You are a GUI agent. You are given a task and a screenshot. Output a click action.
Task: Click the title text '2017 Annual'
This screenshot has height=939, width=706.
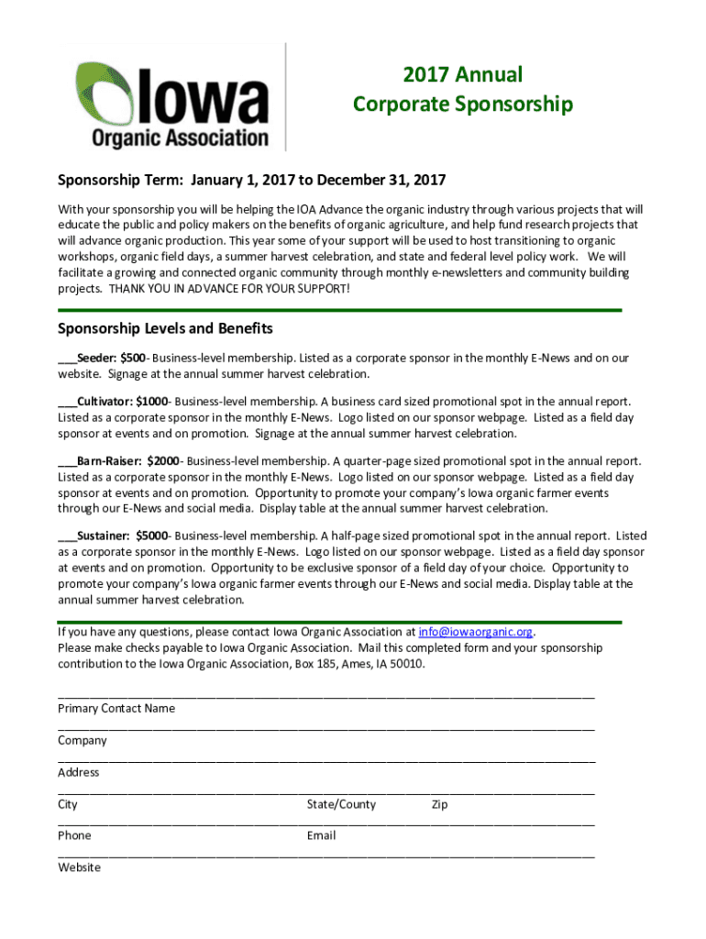click(x=462, y=74)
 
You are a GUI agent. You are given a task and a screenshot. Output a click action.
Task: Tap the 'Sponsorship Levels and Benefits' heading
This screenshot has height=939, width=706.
click(x=165, y=328)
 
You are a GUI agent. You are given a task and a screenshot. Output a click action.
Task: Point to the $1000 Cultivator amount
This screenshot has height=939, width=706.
click(x=151, y=402)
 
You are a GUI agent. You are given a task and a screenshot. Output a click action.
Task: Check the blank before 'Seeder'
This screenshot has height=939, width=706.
click(x=67, y=359)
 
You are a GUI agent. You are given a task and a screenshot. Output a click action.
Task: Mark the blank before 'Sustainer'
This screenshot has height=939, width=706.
click(x=67, y=536)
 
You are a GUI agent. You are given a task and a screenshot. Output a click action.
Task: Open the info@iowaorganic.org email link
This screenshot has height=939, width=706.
click(x=476, y=632)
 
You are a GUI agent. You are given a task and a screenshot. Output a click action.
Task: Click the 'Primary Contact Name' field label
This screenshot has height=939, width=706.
click(x=116, y=708)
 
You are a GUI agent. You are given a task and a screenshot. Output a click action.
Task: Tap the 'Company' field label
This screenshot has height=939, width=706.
click(x=83, y=740)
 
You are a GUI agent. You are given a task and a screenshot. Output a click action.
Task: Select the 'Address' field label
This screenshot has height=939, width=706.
click(x=79, y=772)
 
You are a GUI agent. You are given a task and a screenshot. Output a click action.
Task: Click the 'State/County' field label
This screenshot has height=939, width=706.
click(x=341, y=804)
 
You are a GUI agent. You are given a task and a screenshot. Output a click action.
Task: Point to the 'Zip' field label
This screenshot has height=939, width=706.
click(x=439, y=804)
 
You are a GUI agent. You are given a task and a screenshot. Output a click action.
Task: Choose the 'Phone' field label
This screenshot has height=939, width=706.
click(x=74, y=835)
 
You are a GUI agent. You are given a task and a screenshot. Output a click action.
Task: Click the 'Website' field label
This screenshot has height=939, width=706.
click(x=79, y=867)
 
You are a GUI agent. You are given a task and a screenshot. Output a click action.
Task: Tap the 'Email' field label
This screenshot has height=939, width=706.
click(x=321, y=835)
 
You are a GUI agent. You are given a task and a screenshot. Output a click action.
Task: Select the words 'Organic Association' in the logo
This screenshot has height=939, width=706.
click(x=180, y=138)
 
